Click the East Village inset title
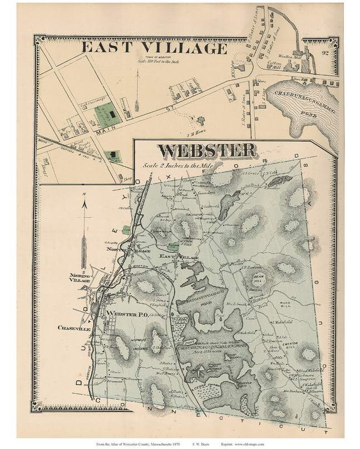[x=154, y=48]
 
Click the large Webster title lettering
[x=207, y=150]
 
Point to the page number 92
[x=325, y=53]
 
